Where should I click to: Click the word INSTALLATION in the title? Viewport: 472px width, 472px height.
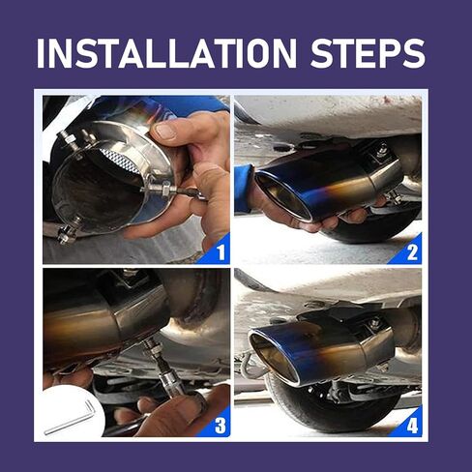(166, 53)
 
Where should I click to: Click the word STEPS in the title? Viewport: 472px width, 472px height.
(368, 53)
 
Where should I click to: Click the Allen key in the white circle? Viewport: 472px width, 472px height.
(71, 419)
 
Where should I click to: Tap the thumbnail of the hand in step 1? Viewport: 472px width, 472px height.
(165, 131)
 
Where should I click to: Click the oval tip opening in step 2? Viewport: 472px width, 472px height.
(284, 197)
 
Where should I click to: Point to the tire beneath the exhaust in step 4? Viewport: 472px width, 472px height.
(336, 403)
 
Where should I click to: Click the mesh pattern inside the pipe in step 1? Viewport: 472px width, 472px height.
(120, 161)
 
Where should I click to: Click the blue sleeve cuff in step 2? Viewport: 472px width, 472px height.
(243, 189)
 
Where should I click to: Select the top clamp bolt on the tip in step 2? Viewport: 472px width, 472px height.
(383, 149)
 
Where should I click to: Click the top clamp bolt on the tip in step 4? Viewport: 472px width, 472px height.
(374, 323)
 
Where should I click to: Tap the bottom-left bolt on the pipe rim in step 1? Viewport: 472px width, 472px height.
(69, 231)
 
